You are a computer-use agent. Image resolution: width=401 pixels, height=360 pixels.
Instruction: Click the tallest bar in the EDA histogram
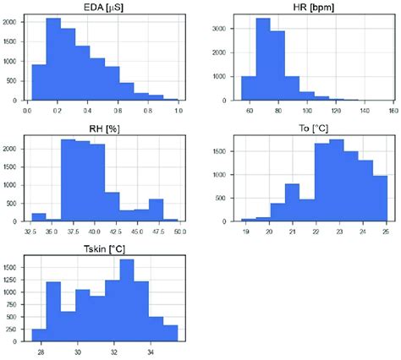[53, 59]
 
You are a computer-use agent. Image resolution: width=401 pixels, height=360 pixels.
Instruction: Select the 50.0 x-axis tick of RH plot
[177, 232]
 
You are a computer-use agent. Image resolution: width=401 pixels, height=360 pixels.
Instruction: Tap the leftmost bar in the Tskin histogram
[39, 335]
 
